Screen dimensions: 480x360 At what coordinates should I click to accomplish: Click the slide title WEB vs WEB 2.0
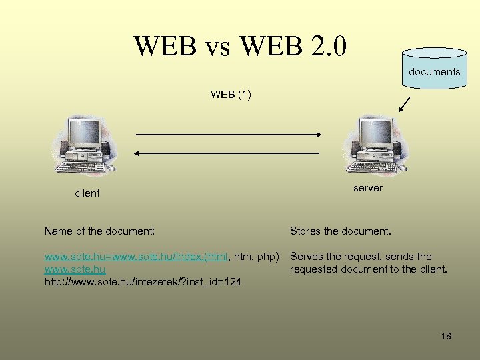pyautogui.click(x=240, y=45)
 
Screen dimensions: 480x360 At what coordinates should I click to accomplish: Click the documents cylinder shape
pyautogui.click(x=434, y=69)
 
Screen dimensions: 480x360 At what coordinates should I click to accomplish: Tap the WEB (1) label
pyautogui.click(x=231, y=94)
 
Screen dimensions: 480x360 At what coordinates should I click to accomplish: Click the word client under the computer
pyautogui.click(x=87, y=193)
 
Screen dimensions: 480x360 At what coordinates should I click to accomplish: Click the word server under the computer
pyautogui.click(x=368, y=188)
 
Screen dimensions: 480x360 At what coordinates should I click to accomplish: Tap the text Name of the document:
pyautogui.click(x=99, y=231)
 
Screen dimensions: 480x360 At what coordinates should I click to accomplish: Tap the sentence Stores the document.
pyautogui.click(x=341, y=231)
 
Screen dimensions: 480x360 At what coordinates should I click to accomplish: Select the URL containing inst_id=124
pyautogui.click(x=143, y=282)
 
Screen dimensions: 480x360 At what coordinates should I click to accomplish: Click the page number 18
pyautogui.click(x=446, y=336)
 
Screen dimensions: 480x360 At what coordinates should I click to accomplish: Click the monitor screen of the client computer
pyautogui.click(x=84, y=133)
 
